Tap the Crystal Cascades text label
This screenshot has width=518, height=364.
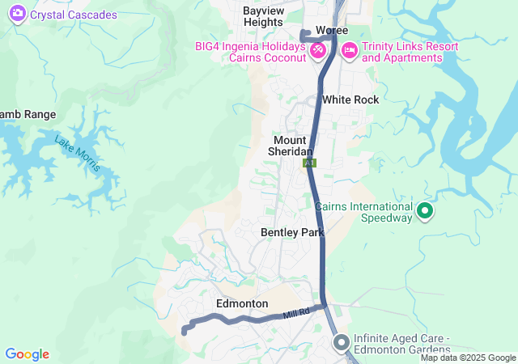pos(74,15)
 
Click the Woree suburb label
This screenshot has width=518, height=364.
pos(332,30)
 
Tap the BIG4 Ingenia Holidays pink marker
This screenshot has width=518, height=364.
pos(318,50)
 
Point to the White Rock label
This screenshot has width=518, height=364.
pos(350,99)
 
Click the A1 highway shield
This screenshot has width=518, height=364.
pos(309,163)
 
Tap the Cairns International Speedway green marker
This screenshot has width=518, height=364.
pos(425,213)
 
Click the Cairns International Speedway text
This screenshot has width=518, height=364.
pos(365,206)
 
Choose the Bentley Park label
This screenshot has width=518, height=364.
pos(292,232)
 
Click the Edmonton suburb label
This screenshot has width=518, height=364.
pos(242,303)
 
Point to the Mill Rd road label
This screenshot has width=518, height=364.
pos(296,314)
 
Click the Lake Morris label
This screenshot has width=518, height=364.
pos(78,154)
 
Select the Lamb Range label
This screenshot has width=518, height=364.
pos(28,114)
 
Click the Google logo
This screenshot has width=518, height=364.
pos(27,354)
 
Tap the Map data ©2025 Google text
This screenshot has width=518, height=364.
pos(467,358)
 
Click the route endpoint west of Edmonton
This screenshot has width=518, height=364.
pos(185,331)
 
